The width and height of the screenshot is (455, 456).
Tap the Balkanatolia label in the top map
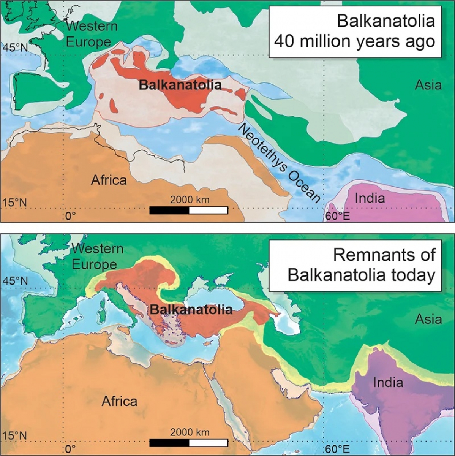click(x=180, y=85)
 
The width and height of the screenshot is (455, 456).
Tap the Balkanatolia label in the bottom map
click(x=191, y=310)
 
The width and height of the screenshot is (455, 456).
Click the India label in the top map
click(x=370, y=198)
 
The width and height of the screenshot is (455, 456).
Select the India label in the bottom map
click(x=388, y=382)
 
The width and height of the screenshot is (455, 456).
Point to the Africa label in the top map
click(x=109, y=180)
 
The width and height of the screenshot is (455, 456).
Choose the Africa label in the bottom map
click(x=119, y=401)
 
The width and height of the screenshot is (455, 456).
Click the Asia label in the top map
click(x=428, y=85)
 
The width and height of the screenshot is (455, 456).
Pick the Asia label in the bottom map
click(x=428, y=319)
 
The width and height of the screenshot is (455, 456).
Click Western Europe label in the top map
click(x=91, y=34)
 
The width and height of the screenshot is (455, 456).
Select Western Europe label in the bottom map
click(x=97, y=256)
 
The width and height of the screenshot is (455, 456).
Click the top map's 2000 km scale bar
click(x=188, y=210)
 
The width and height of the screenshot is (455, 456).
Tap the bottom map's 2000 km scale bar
click(x=188, y=442)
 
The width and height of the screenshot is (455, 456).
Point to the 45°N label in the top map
click(x=16, y=48)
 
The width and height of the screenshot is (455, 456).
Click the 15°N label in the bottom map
click(x=15, y=435)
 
